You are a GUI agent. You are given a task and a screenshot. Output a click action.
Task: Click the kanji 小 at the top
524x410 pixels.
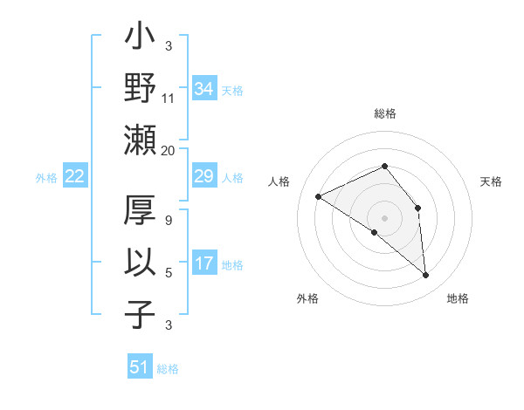tap(140, 38)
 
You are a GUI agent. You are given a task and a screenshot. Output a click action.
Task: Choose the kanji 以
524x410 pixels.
tap(140, 261)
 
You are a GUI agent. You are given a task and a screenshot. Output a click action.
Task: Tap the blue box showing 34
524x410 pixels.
tap(204, 89)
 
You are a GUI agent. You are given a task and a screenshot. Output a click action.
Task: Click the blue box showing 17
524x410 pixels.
tap(204, 263)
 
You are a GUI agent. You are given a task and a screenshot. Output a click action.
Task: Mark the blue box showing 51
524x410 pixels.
tap(140, 367)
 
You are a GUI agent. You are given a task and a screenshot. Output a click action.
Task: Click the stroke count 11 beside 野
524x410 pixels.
tap(169, 99)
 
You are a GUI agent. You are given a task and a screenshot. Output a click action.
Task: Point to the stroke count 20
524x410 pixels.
tap(169, 150)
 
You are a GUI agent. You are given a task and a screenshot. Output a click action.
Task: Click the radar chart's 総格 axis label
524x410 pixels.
tap(384, 113)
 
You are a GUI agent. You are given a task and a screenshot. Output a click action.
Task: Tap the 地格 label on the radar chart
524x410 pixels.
tap(458, 298)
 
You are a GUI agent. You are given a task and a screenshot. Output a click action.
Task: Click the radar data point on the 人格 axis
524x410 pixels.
tap(319, 196)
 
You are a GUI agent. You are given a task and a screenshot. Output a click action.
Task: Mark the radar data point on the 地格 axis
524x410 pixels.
tap(426, 276)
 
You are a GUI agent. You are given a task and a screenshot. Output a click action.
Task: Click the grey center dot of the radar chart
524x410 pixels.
tap(384, 217)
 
